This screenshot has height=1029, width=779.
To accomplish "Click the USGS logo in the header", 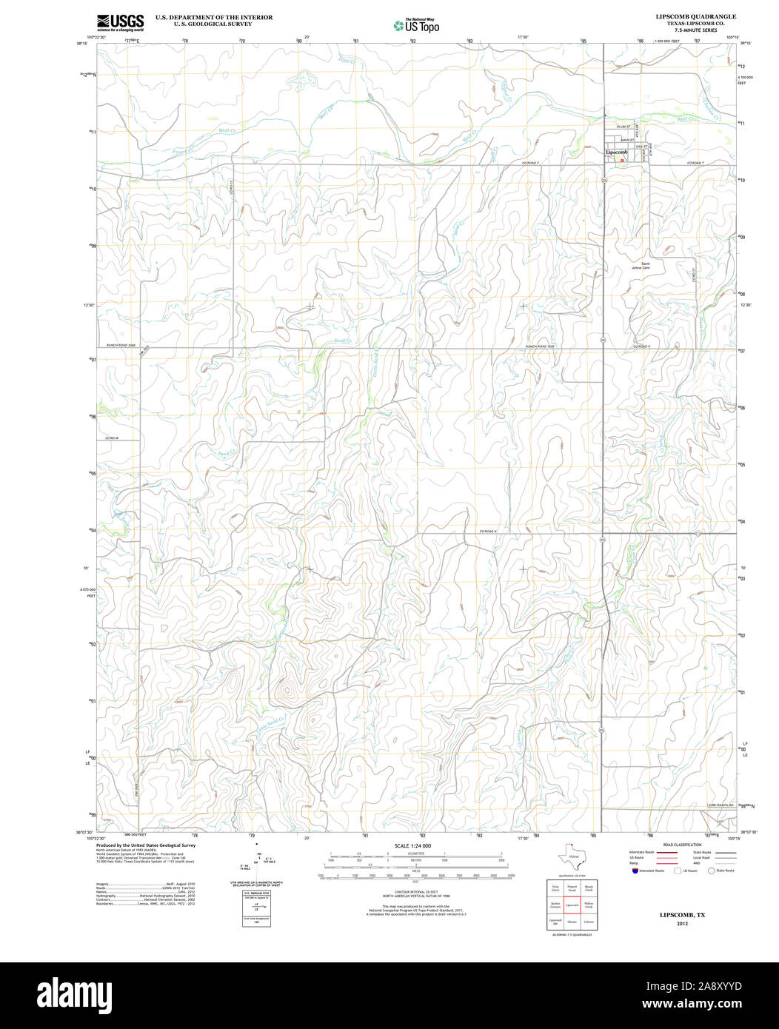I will coord(120,21).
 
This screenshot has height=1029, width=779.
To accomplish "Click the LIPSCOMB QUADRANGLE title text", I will coord(685,16).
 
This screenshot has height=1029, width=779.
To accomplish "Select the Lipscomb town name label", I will coord(616,152).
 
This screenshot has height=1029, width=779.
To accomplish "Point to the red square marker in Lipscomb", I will coord(623,159).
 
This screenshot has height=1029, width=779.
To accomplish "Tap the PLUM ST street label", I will coord(624,127).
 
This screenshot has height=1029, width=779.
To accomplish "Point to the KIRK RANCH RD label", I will coord(719,805).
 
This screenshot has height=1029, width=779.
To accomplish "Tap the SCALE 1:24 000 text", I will coord(412,846).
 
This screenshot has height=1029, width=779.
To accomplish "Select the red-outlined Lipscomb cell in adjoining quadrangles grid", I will coord(572,905).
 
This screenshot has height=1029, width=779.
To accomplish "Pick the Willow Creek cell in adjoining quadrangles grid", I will coord(589,905).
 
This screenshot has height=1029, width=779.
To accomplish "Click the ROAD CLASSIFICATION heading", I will coord(682,845).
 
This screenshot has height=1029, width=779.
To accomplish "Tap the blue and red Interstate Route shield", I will coord(635,871).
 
